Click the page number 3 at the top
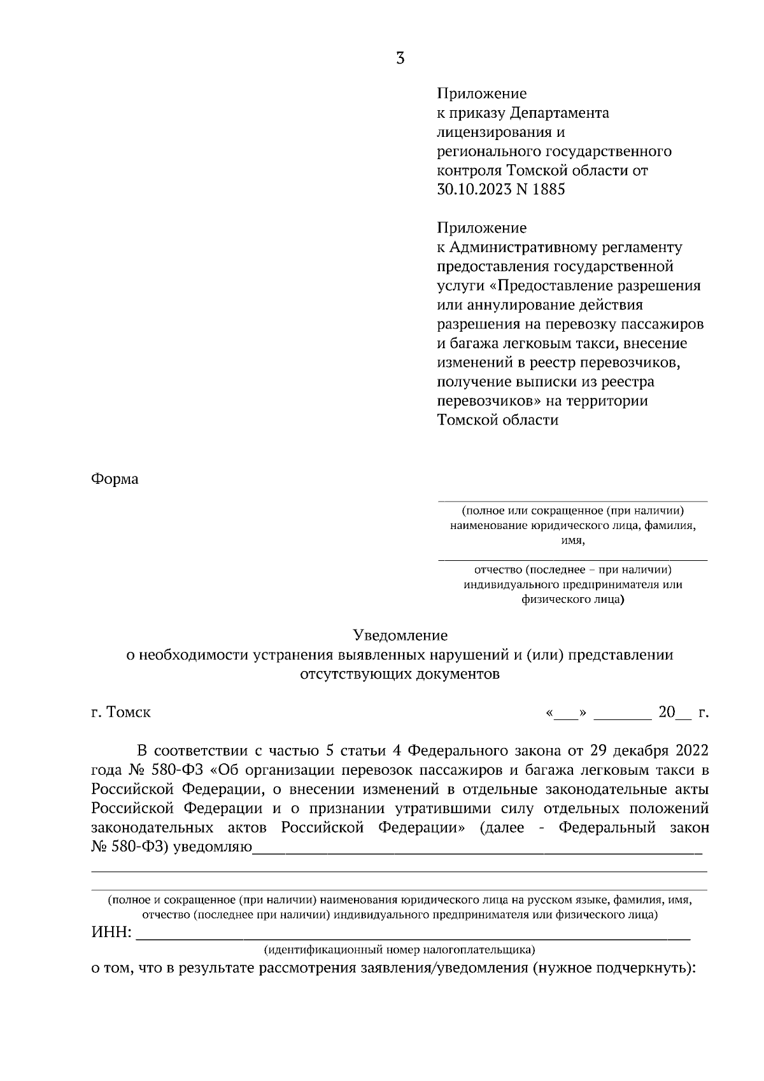(400, 59)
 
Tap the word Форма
(115, 479)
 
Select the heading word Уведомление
(400, 635)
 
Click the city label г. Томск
(121, 712)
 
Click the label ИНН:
(112, 933)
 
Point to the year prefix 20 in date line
(666, 712)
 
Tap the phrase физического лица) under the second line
(572, 599)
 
